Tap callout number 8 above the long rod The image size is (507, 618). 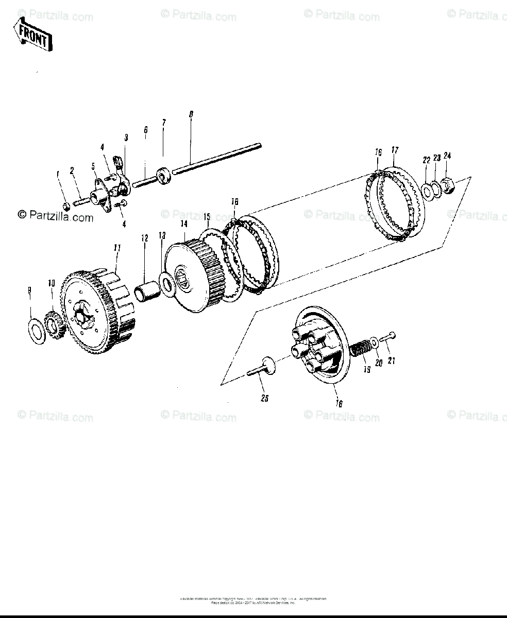click(x=191, y=114)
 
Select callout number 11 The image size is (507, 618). click(x=117, y=248)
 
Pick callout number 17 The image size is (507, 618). click(x=395, y=150)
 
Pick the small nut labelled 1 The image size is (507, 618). click(x=66, y=207)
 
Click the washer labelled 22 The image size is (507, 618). click(x=427, y=191)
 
